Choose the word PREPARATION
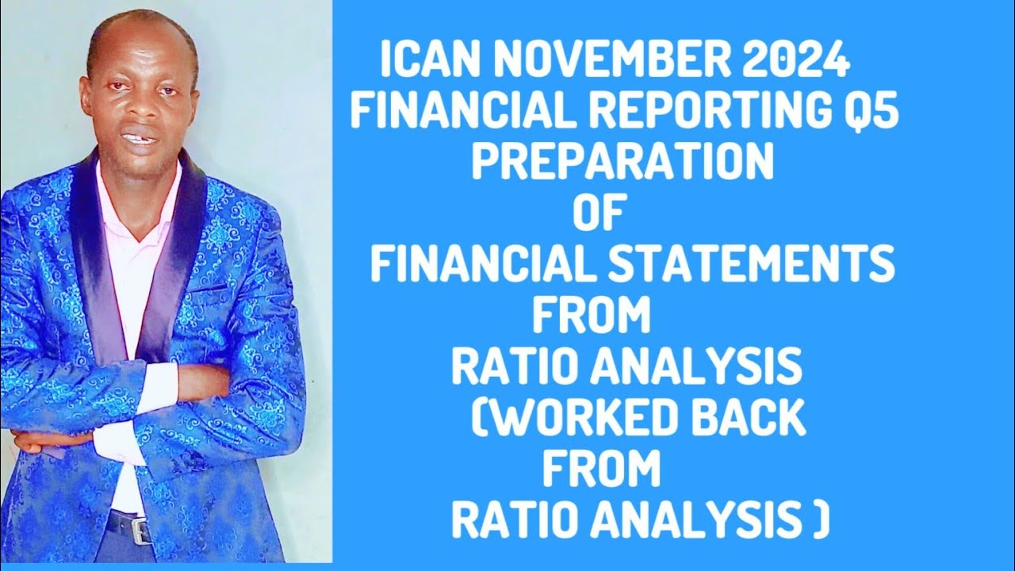(x=622, y=163)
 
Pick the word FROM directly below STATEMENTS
(x=591, y=316)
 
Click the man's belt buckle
(x=141, y=529)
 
